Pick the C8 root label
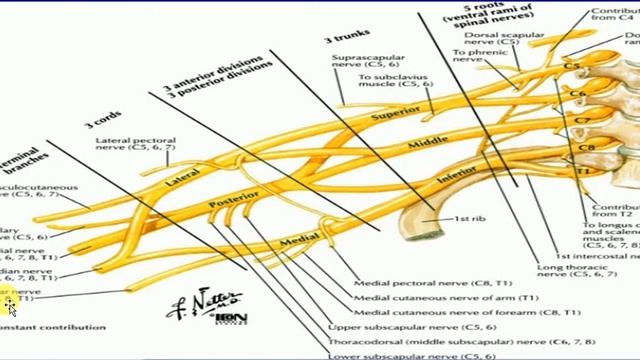pyautogui.click(x=586, y=148)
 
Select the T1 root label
pyautogui.click(x=584, y=171)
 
